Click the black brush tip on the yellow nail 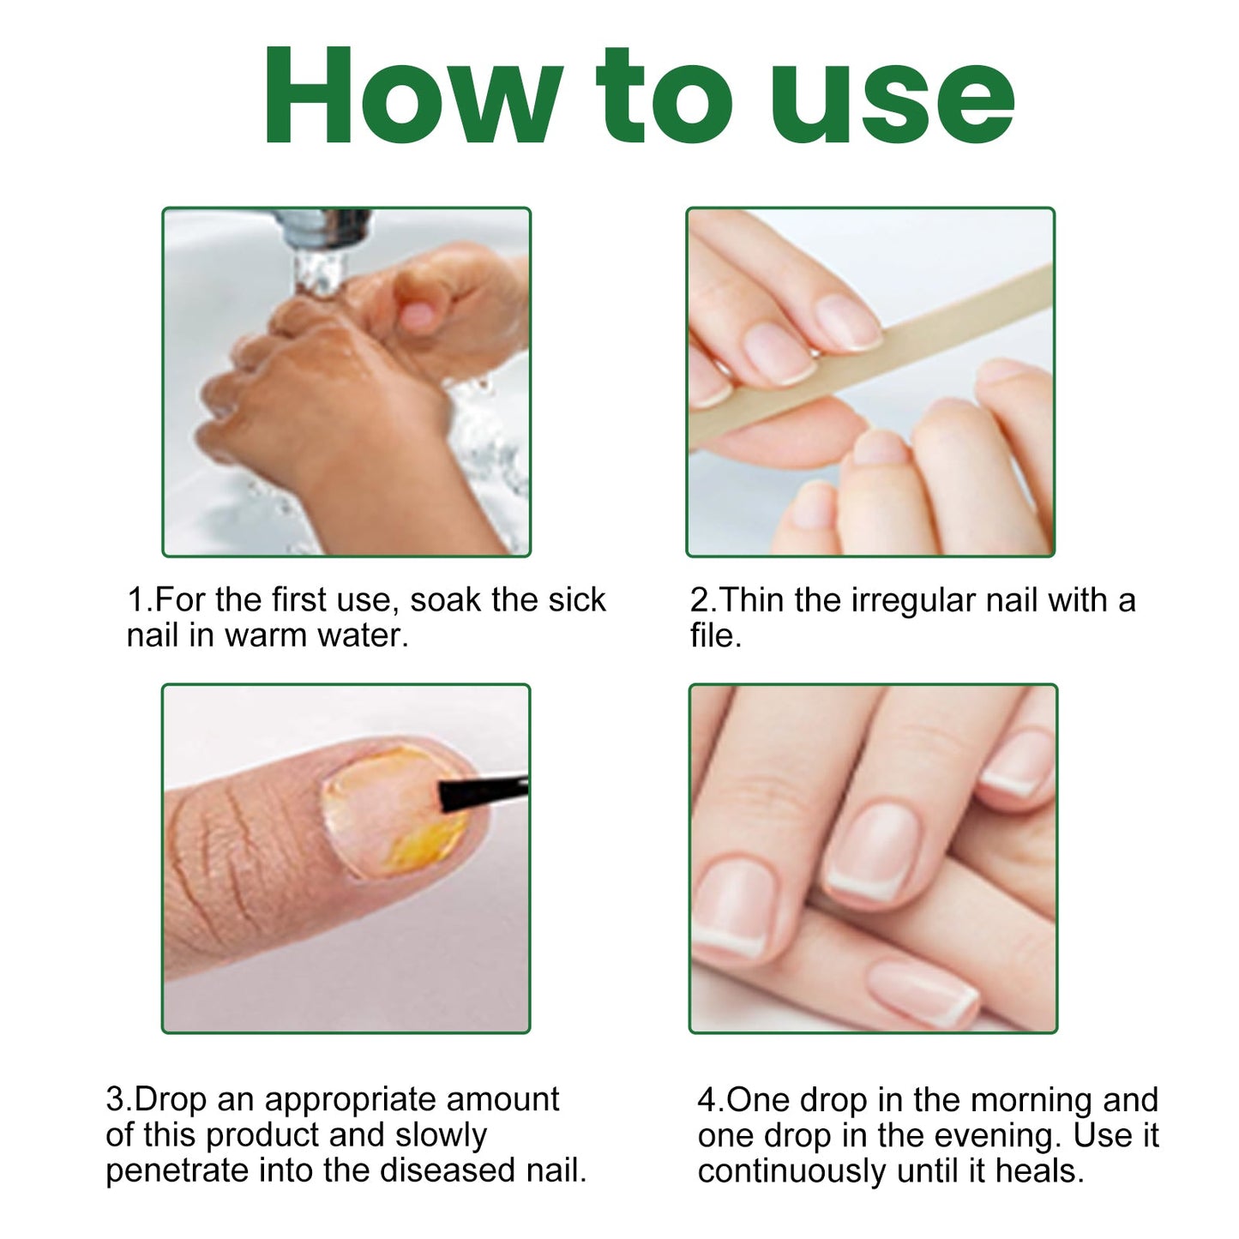pos(482,793)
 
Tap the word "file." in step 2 pos(716,635)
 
